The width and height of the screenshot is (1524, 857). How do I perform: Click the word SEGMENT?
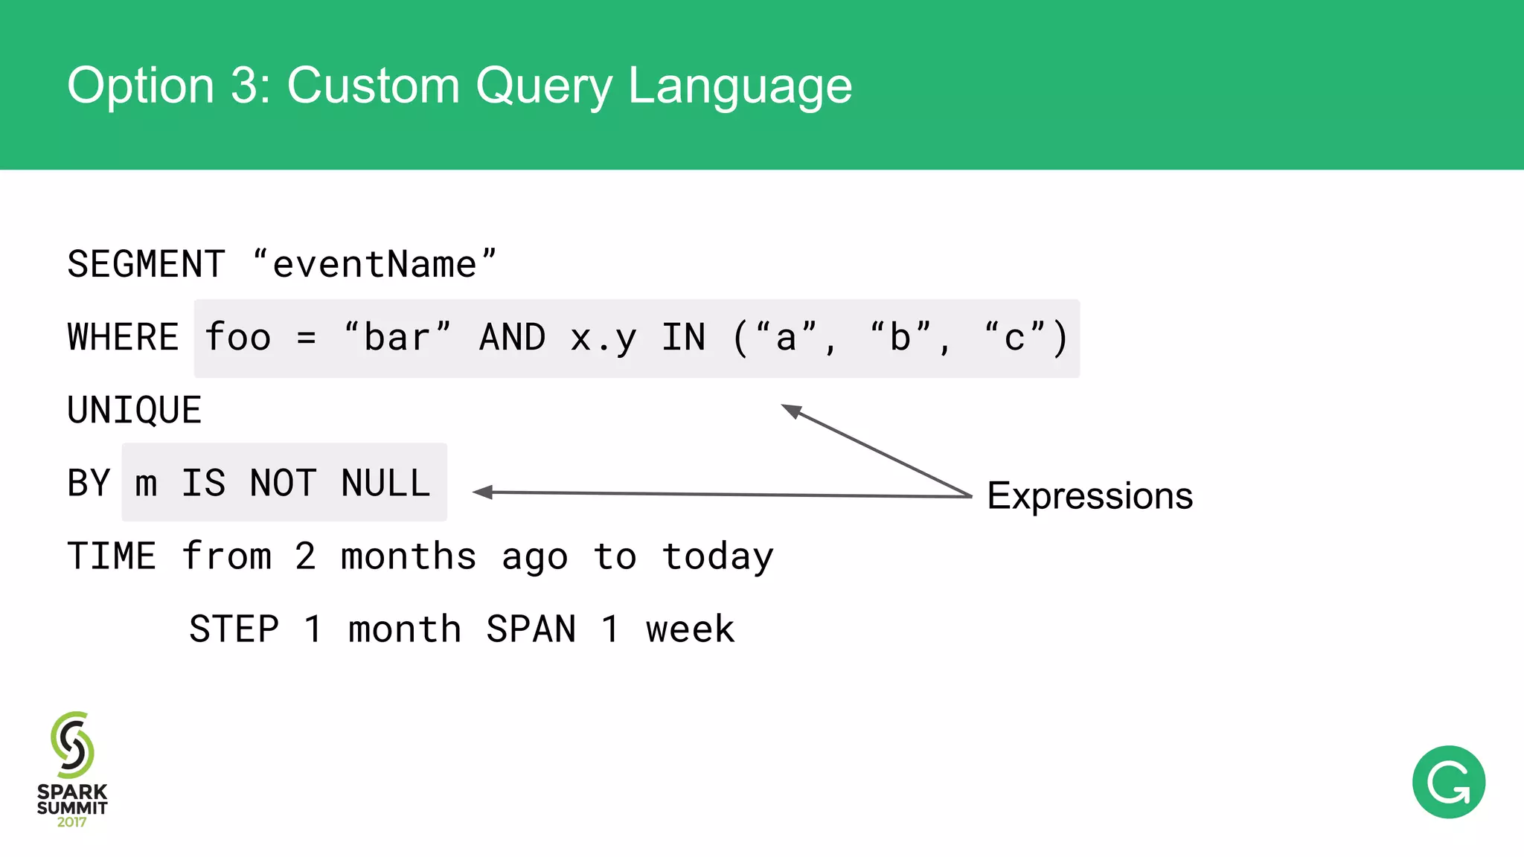coord(146,265)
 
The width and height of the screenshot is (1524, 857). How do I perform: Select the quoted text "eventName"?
coord(374,265)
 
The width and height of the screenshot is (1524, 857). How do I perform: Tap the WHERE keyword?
coord(123,338)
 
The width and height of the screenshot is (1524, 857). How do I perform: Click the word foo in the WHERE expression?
coord(238,338)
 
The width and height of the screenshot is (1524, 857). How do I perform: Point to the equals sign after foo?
coord(306,338)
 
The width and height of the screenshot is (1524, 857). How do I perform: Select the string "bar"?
coord(397,338)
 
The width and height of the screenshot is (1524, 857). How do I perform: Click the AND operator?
coord(513,338)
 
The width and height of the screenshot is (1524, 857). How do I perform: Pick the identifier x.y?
coord(603,339)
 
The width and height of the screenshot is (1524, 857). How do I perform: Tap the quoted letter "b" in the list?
coord(900,338)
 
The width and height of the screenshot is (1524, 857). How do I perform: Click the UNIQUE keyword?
coord(135,411)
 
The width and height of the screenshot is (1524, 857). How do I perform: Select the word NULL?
coord(385,484)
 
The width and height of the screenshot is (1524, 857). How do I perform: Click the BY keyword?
coord(89,484)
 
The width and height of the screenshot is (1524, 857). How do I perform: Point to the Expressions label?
coord(1089,496)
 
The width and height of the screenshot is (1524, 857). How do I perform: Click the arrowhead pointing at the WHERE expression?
coord(790,410)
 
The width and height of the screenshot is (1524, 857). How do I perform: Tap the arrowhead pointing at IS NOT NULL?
coord(482,492)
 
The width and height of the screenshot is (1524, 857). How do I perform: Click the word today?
coord(718,557)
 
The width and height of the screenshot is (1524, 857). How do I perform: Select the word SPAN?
coord(531,629)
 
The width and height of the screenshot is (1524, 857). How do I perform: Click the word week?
coord(691,629)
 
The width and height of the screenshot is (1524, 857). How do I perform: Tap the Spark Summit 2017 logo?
coord(72,769)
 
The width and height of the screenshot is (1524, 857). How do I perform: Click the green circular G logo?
coord(1448,782)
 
